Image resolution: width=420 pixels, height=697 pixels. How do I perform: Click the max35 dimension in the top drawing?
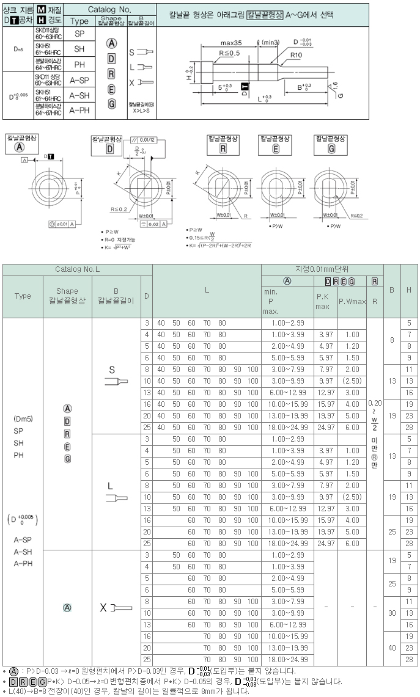[x=230, y=43]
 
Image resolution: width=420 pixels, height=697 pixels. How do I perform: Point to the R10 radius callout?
[x=297, y=55]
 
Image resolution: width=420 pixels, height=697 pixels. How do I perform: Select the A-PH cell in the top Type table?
[x=79, y=110]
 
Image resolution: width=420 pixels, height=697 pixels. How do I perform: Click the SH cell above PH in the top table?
[x=79, y=49]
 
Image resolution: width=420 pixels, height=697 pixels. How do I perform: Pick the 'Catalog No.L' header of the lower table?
[x=77, y=269]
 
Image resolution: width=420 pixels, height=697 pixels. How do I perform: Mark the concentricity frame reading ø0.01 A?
[x=61, y=224]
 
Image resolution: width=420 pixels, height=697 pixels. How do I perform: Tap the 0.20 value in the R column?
[x=375, y=403]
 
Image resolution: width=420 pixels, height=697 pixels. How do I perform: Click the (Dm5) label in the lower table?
[x=23, y=419]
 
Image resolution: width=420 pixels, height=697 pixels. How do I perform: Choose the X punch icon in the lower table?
[x=116, y=608]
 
